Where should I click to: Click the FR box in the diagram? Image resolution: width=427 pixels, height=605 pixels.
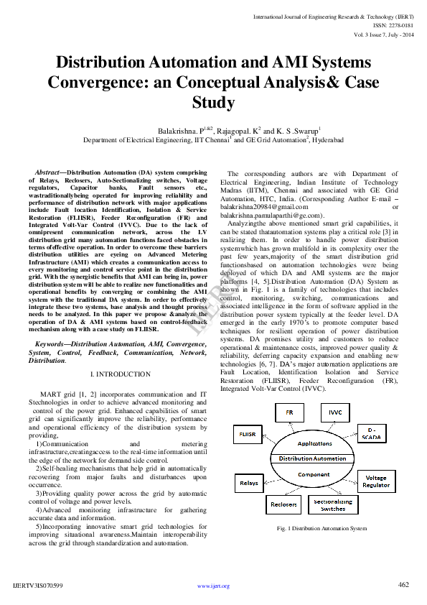pos(289,413)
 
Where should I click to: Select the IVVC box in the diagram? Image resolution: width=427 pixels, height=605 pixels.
pos(335,413)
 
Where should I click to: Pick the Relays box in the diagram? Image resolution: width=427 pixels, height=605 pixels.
pos(249,483)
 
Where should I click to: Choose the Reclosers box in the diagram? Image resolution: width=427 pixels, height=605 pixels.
pos(283,504)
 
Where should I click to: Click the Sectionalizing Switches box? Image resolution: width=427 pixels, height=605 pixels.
pos(333,504)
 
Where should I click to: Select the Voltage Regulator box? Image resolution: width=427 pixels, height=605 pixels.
pos(375,481)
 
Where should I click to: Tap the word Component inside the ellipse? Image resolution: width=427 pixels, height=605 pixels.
pos(314,474)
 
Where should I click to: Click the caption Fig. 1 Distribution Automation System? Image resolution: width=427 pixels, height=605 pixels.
pos(311,528)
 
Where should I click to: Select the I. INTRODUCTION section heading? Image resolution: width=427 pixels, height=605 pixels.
pos(121,374)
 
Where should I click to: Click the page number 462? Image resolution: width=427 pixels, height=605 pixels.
pos(403,584)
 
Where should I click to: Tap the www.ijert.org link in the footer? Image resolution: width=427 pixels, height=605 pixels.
pos(213,586)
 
